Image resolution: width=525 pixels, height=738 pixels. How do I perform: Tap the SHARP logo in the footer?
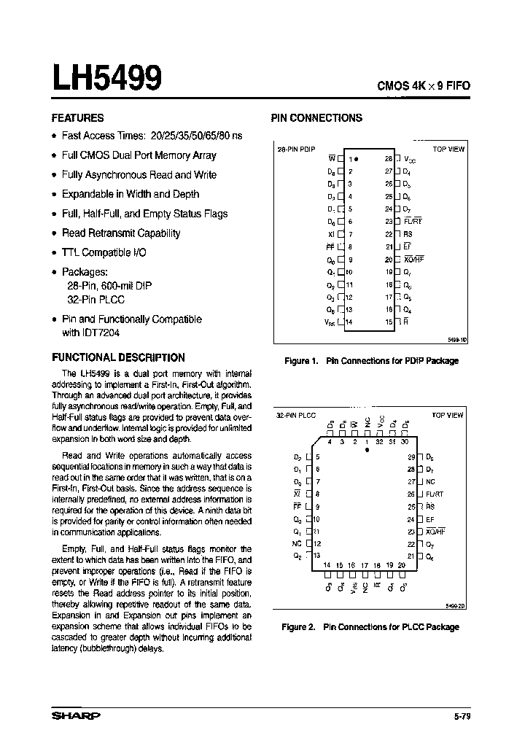point(76,716)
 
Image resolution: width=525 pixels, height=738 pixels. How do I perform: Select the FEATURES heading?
point(77,117)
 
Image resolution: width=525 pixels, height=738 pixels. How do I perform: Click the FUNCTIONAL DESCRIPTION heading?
point(118,357)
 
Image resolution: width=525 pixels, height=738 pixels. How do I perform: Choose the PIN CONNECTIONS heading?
point(316,117)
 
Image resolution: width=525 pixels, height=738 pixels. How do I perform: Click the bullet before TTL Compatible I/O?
point(55,252)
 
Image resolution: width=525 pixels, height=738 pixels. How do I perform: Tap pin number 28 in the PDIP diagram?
point(389,158)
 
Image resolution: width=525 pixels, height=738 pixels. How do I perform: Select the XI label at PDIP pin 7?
point(331,234)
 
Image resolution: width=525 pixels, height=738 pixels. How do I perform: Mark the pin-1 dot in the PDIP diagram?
point(357,158)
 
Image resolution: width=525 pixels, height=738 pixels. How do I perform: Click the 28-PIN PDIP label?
point(296,148)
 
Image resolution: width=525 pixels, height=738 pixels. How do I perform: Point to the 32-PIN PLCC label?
point(296,415)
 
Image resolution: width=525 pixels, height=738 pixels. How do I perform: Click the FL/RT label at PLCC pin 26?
point(435,494)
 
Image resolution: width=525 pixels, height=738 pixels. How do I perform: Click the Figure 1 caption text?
point(370,361)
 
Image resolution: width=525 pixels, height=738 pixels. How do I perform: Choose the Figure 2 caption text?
point(370,626)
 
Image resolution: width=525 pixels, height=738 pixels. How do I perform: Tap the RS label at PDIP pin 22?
point(408,234)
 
